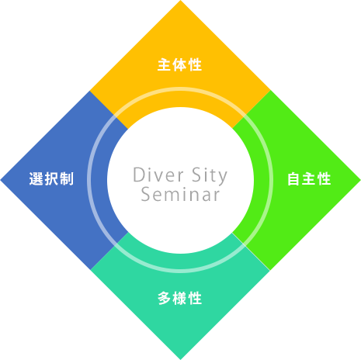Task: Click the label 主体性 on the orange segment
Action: pyautogui.click(x=179, y=64)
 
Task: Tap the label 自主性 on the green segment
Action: pyautogui.click(x=309, y=178)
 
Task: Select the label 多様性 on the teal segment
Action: pyautogui.click(x=179, y=298)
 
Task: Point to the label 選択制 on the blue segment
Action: pyautogui.click(x=51, y=178)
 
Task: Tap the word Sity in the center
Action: pyautogui.click(x=210, y=176)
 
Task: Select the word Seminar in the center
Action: pyautogui.click(x=180, y=194)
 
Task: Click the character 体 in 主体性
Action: pyautogui.click(x=179, y=64)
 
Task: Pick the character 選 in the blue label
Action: pyautogui.click(x=36, y=178)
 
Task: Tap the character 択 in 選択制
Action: pyautogui.click(x=51, y=178)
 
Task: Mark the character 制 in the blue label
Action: pyautogui.click(x=67, y=178)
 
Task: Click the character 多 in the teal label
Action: pyautogui.click(x=165, y=298)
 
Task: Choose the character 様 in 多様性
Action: pyautogui.click(x=179, y=298)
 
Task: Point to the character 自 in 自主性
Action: pyautogui.click(x=293, y=178)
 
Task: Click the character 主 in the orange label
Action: pyautogui.click(x=164, y=64)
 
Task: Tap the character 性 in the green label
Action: pyautogui.click(x=325, y=178)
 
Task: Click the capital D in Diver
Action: pyautogui.click(x=139, y=175)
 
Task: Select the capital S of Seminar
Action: pyautogui.click(x=147, y=194)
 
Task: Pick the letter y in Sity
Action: pyautogui.click(x=221, y=178)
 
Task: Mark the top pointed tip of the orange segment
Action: pyautogui.click(x=180, y=1)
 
